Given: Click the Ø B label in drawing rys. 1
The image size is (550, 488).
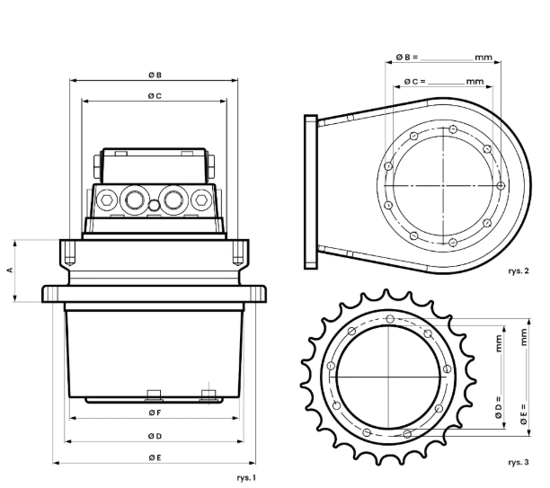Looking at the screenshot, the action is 155,75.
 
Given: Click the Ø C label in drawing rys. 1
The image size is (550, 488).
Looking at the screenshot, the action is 155,96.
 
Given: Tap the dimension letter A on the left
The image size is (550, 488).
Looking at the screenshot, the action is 10,271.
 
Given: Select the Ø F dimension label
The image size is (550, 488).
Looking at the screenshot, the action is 155,413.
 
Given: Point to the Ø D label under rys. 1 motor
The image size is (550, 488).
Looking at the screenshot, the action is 155,436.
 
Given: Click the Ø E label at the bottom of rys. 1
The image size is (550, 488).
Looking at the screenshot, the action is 155,457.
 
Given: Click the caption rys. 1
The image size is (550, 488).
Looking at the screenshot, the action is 246,478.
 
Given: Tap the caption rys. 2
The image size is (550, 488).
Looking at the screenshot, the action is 519,271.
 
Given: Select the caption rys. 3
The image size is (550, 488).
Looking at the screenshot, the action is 519,463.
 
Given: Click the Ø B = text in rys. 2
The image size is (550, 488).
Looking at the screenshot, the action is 407,57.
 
